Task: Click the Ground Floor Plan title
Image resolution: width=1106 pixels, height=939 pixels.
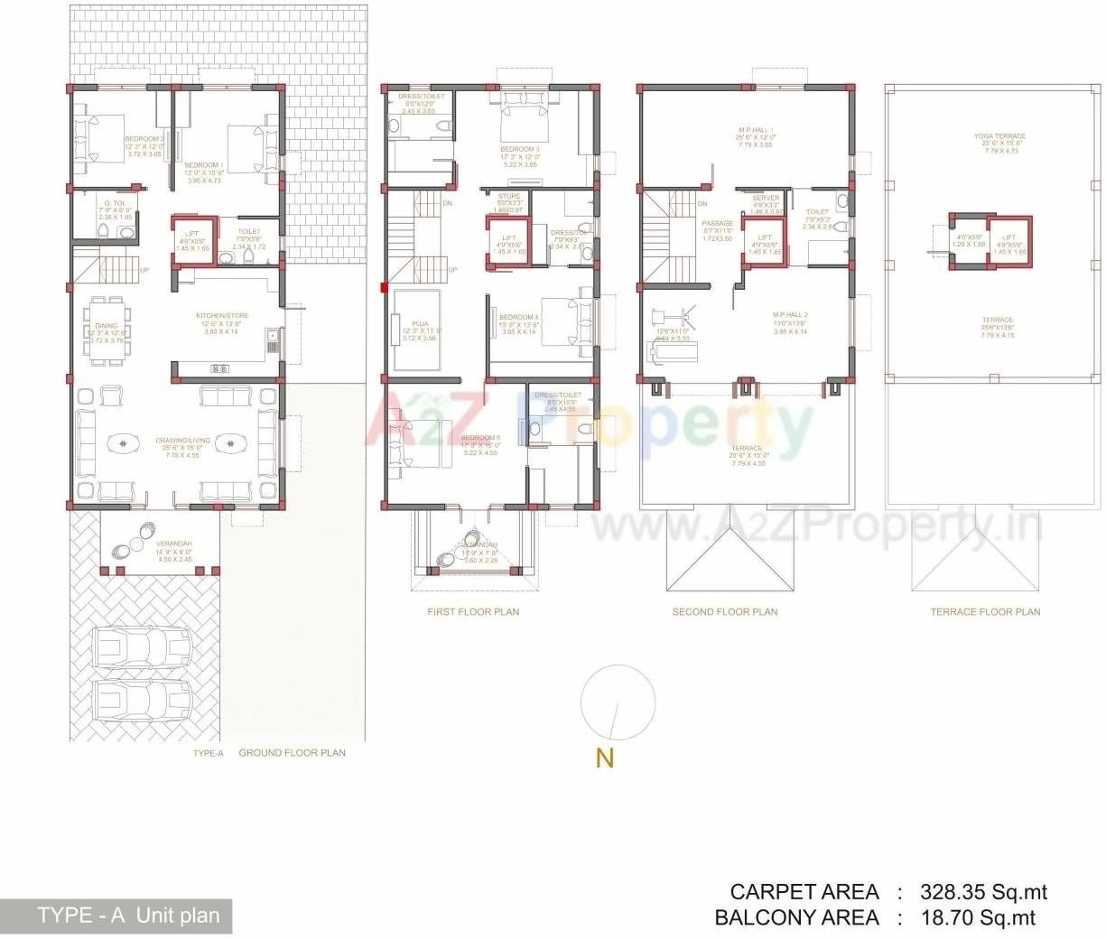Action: coord(292,752)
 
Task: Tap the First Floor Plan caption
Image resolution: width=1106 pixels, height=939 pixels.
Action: coord(473,611)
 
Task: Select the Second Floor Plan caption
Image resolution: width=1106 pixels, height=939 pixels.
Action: coord(724,611)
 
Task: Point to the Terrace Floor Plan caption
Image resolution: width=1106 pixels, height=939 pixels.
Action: coord(985,611)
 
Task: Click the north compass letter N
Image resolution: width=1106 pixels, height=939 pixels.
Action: coord(605,758)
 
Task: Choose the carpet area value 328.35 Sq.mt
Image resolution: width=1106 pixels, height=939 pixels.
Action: coord(983,892)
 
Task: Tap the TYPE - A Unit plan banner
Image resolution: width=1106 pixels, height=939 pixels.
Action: coord(116,916)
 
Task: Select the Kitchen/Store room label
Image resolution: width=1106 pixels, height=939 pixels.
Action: coord(222,316)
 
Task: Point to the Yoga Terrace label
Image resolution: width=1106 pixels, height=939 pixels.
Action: coord(999,136)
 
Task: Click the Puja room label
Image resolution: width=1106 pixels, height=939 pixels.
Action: coord(420,323)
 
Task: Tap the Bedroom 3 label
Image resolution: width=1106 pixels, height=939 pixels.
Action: coord(519,149)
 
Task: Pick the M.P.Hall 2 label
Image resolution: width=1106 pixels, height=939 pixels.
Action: coord(790,316)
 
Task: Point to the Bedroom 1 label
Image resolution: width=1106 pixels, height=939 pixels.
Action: coord(203,165)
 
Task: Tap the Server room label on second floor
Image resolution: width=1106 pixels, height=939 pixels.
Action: coord(766,198)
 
